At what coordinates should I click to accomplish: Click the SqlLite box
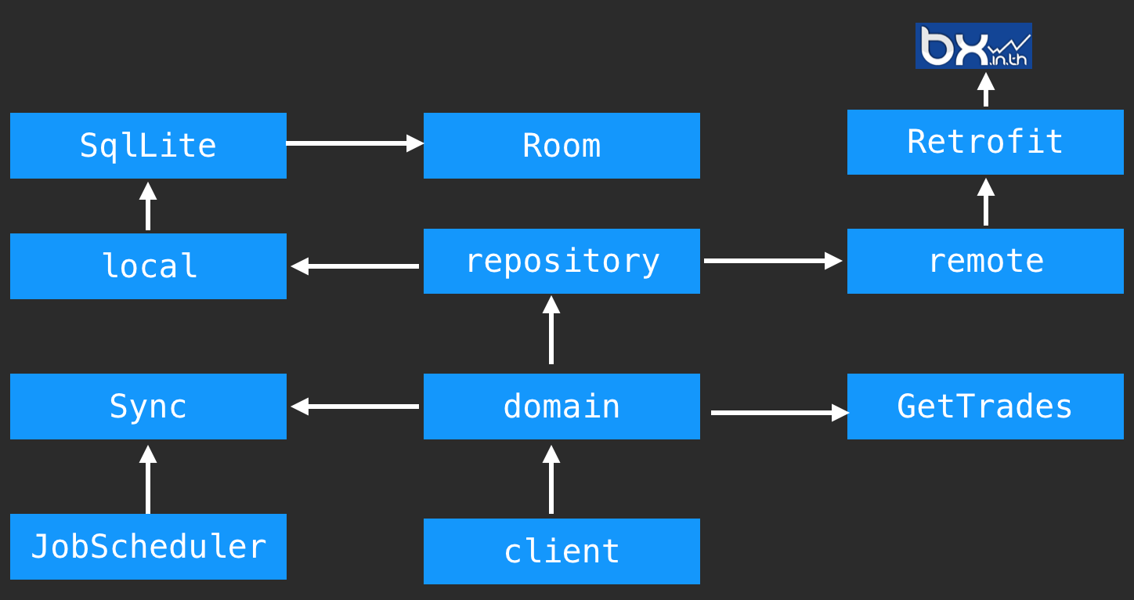148,146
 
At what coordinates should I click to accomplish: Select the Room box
562,146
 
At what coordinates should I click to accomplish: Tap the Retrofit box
985,142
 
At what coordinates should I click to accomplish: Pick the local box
148,266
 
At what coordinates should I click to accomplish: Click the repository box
562,261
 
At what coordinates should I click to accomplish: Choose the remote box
985,261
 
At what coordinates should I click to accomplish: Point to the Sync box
148,407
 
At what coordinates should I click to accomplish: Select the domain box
562,407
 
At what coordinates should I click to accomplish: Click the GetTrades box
985,407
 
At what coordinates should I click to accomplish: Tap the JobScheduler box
148,547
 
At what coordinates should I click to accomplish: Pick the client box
562,551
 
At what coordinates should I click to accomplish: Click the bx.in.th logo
973,45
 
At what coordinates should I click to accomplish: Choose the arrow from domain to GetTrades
779,412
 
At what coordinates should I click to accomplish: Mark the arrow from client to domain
551,479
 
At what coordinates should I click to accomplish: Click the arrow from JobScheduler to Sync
148,479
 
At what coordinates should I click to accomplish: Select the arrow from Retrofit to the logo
986,89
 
